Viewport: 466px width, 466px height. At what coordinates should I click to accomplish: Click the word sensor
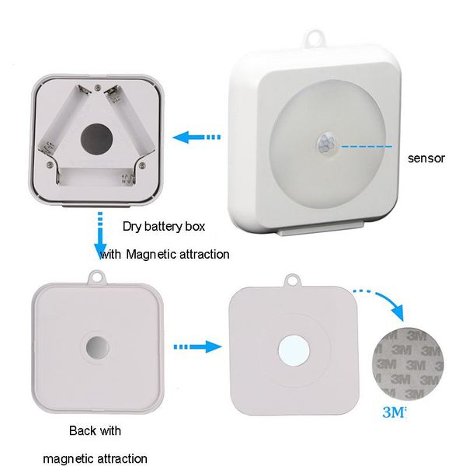tap(426, 158)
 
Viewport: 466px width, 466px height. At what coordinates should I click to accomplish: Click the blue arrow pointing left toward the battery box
tap(196, 137)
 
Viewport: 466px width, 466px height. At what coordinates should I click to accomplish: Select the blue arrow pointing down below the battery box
tap(100, 235)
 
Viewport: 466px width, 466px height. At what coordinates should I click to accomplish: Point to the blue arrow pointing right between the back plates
tap(197, 346)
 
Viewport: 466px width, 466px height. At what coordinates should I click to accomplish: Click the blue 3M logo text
tap(394, 412)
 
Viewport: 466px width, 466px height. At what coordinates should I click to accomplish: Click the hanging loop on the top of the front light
tap(314, 38)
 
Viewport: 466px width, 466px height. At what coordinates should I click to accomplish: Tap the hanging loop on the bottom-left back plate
tap(97, 277)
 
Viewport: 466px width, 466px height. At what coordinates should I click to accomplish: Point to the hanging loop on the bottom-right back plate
tap(293, 281)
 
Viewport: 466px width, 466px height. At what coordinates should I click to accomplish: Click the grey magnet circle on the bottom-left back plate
tap(97, 348)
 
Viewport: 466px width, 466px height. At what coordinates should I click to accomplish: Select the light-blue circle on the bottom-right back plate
tap(294, 350)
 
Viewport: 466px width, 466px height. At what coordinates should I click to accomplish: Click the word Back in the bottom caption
tap(83, 430)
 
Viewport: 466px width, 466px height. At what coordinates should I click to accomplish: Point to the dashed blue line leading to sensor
tap(367, 146)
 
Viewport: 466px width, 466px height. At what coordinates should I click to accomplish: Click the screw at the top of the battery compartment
tap(97, 87)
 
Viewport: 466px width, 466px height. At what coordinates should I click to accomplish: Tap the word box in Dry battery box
tap(195, 227)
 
